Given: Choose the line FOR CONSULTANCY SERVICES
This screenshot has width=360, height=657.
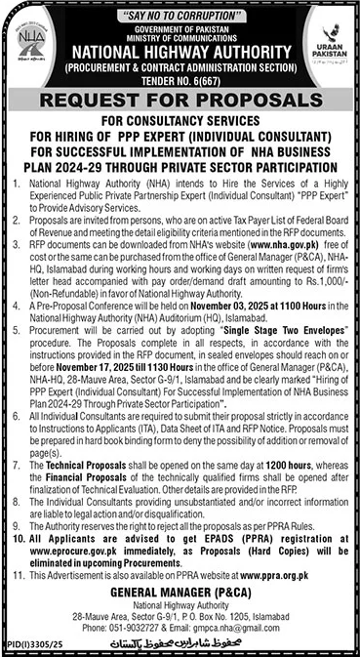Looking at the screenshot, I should coord(180,122).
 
